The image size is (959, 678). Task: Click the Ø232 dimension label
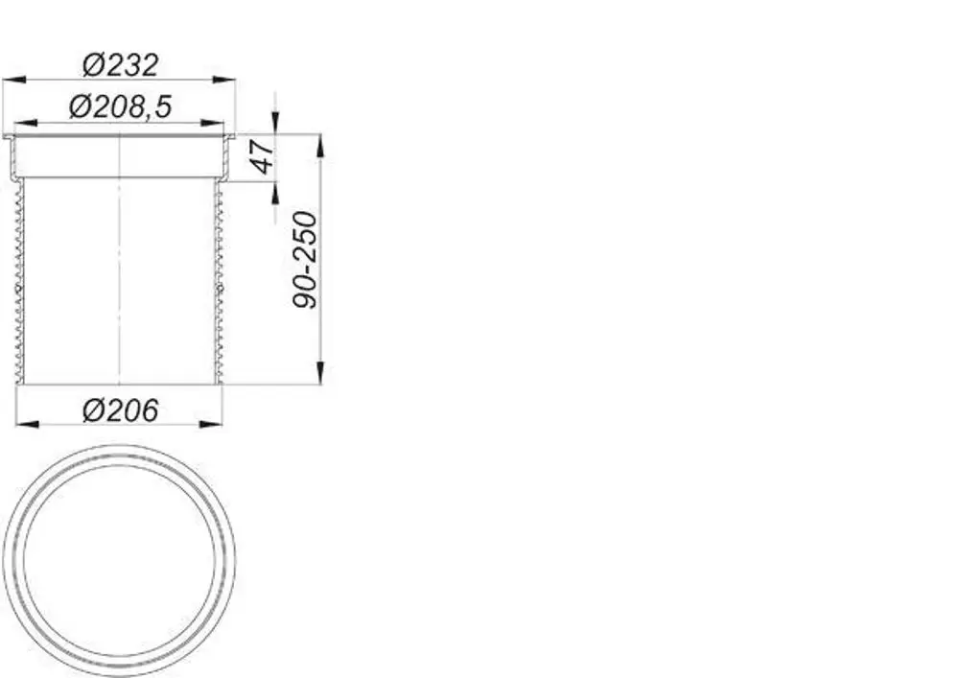[121, 65]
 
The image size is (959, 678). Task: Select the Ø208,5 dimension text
[121, 106]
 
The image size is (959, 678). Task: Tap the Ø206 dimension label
[121, 410]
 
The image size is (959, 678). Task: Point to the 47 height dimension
[263, 156]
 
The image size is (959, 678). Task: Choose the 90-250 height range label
[305, 260]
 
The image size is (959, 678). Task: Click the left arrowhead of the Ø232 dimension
[14, 80]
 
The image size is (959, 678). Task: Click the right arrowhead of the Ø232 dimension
[223, 80]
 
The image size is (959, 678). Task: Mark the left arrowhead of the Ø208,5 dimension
[25, 124]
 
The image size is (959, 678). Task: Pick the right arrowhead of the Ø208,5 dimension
[212, 124]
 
